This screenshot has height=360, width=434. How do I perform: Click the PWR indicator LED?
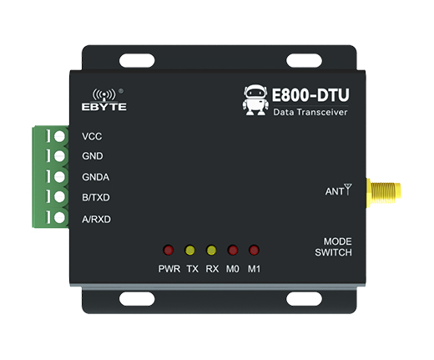[169, 250]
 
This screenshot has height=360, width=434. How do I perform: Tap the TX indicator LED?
[190, 250]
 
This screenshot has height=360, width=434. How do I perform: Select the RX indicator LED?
[211, 250]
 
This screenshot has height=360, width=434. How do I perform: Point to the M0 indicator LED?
[233, 250]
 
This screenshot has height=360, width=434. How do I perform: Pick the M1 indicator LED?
[254, 250]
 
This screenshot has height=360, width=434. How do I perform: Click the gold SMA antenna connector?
[383, 193]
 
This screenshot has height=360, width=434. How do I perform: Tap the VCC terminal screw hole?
[59, 136]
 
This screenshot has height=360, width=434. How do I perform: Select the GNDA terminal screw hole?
[59, 177]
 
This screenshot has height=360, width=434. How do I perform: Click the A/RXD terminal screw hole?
[59, 217]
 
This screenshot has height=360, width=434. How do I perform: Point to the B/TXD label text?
[96, 197]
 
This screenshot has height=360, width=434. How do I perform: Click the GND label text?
[93, 156]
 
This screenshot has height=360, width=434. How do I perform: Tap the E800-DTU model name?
[310, 95]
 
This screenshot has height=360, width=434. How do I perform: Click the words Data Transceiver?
[310, 112]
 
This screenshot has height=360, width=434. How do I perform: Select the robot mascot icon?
[255, 100]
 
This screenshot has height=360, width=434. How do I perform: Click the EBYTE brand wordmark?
[104, 107]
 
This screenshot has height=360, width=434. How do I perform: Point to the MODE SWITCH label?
[334, 246]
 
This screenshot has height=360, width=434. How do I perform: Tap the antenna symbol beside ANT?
[347, 189]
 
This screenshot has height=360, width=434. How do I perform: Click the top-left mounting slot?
[137, 61]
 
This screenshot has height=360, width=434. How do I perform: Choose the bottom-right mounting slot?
[304, 299]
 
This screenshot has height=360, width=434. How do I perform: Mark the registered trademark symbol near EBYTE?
[121, 91]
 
